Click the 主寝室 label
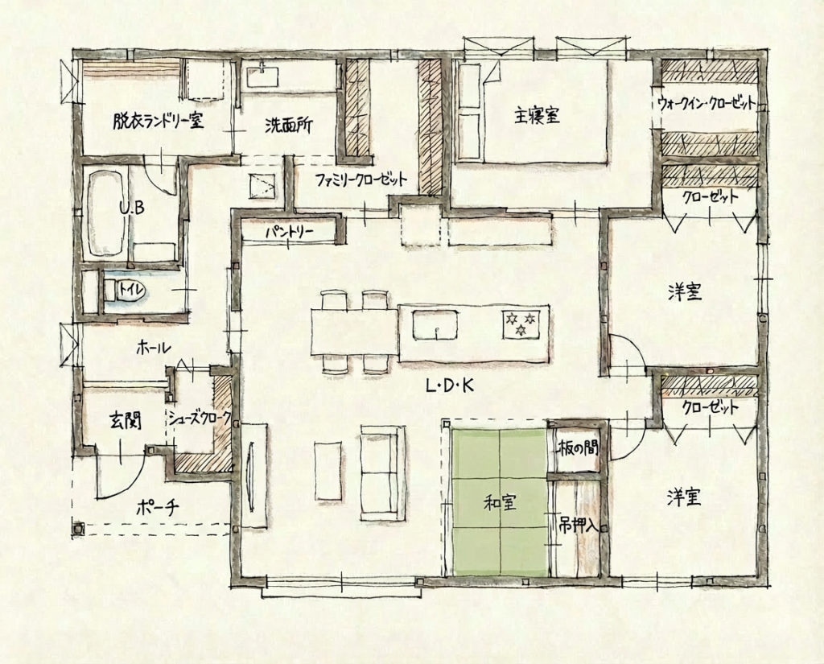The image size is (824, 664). [x=537, y=115]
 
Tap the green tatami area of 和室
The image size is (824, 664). [x=499, y=502]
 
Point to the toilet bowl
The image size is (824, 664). [x=124, y=291]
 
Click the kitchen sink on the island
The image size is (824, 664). [x=435, y=325]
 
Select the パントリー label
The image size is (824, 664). [x=289, y=232]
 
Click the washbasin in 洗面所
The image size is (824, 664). [x=264, y=76]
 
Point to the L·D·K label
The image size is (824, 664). [x=450, y=386]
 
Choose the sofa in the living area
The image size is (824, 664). [x=383, y=473]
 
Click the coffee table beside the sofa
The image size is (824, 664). [x=328, y=470]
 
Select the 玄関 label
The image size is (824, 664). [x=125, y=421]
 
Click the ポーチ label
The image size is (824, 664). [x=158, y=507]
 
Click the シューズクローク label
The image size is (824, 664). [x=200, y=418]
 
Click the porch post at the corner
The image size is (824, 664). [x=78, y=528]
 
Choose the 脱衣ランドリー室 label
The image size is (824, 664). [x=159, y=122]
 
